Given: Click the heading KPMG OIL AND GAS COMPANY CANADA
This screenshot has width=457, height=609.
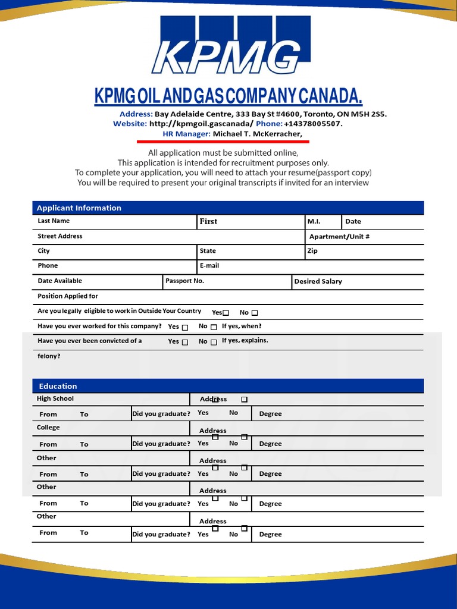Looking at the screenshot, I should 228,96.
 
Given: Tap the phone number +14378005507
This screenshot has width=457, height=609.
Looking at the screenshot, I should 313,124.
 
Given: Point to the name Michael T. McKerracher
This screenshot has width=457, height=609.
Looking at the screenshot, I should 257,134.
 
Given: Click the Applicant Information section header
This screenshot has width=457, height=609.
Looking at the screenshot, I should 79,208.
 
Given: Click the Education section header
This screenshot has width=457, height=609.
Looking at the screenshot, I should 58,386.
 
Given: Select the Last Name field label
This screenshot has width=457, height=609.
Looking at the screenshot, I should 54,221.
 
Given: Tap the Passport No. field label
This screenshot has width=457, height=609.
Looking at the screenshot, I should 184,281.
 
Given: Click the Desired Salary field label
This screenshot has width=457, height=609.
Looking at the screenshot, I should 318,281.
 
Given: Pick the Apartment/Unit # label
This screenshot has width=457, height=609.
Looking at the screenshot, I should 339,237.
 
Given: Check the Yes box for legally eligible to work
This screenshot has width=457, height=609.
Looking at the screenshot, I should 226,313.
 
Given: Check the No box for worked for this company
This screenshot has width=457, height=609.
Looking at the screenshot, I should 214,327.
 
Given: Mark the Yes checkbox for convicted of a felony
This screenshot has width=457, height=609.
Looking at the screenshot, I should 185,342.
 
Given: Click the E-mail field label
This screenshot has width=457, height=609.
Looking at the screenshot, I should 209,266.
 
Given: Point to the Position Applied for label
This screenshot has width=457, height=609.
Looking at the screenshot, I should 68,296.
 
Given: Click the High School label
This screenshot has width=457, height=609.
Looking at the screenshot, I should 55,399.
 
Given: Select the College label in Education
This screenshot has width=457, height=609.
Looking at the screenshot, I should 48,428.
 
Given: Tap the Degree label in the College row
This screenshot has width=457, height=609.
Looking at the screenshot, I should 270,444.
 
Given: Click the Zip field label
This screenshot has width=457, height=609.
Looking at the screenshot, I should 312,251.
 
